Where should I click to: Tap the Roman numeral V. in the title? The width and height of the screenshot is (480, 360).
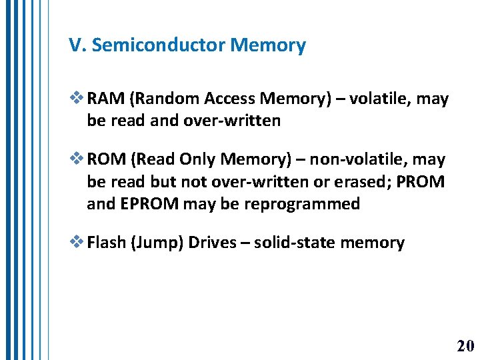[77, 45]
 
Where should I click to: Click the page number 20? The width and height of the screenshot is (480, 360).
[465, 346]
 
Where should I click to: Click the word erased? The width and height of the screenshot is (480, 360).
[363, 181]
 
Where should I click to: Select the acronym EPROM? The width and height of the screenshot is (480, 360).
[147, 203]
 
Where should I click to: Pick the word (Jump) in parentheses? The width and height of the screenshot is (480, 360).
[157, 243]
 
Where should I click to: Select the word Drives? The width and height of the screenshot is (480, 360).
[212, 242]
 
